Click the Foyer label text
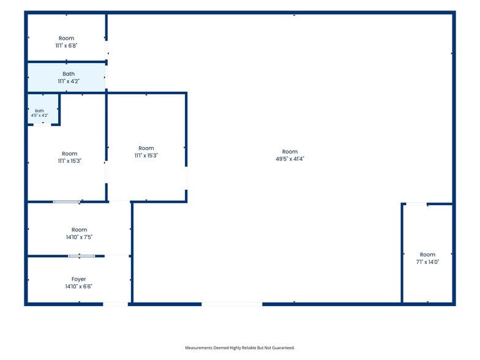coord(78,279)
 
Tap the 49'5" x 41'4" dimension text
coord(290,159)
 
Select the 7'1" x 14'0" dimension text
coord(427,262)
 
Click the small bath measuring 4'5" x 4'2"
coord(43,109)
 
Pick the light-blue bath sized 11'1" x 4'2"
coord(66,77)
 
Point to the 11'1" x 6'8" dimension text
coord(66,45)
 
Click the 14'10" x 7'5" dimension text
coord(80,237)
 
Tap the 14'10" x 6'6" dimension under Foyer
coord(78,287)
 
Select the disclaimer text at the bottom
coord(240,348)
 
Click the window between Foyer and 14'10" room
coord(81,256)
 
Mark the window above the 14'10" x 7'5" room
coord(67,202)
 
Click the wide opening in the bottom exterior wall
coord(232,304)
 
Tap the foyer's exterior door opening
coord(115,304)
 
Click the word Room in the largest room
coord(290,152)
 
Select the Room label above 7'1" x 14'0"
coord(427,255)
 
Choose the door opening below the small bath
coord(42,125)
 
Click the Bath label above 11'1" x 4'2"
coord(69,73)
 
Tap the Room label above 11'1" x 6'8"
coord(66,38)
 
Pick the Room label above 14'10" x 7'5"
coord(80,230)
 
